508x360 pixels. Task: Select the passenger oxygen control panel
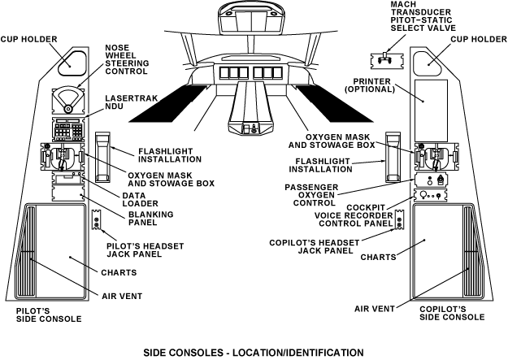432,179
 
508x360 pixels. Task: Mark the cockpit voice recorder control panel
432,196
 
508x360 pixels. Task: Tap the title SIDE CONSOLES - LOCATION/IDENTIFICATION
254,353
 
